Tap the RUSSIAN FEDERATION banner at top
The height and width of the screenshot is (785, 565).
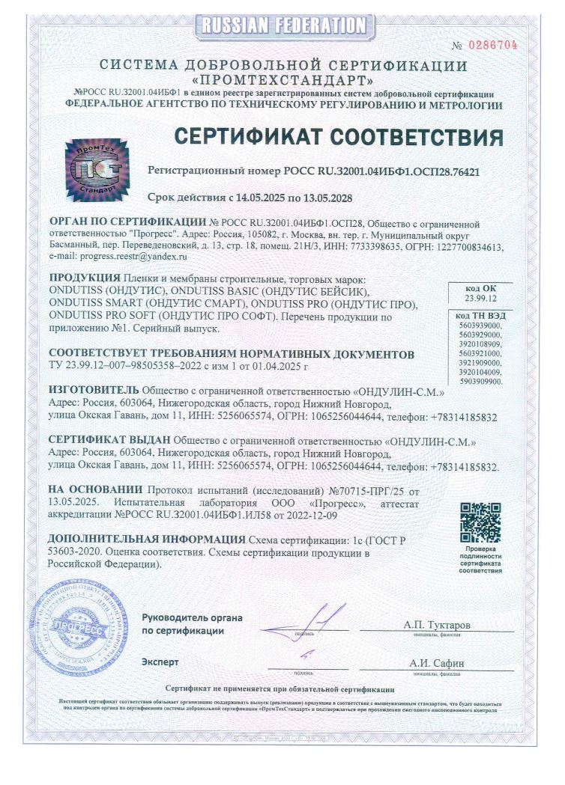point(282,26)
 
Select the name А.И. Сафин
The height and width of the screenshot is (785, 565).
point(436,663)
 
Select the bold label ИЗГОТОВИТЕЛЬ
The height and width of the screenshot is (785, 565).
point(93,390)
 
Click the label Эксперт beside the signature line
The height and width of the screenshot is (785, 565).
point(160,662)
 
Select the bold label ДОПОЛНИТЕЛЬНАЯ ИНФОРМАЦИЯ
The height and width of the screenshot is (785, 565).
point(125,540)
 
